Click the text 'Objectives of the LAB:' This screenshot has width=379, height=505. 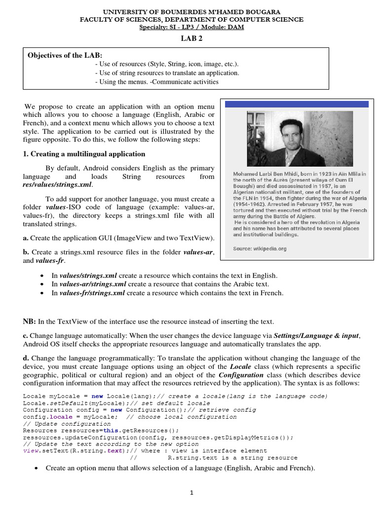[x=65, y=55]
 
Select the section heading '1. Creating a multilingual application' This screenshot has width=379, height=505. [x=84, y=154]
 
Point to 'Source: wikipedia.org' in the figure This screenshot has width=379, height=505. [x=260, y=249]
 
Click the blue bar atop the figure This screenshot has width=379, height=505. [x=297, y=104]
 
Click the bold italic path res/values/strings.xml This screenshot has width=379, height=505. [x=57, y=184]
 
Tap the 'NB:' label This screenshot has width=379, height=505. [x=30, y=322]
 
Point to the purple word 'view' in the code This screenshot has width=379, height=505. [x=30, y=450]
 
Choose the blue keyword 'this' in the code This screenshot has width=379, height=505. [x=110, y=430]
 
